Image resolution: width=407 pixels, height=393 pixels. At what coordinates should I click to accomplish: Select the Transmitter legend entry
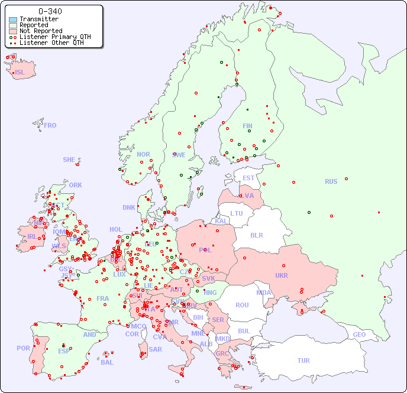point(38,20)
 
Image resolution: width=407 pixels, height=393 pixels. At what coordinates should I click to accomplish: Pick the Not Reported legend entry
point(40,31)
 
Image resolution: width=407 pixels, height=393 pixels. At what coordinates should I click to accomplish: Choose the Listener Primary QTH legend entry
point(54,37)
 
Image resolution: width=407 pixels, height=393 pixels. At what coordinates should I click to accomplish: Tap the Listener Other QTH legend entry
point(53,43)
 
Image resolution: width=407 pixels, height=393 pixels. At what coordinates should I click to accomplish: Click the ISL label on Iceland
point(20,73)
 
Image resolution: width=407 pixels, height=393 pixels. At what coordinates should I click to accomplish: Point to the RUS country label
point(331,181)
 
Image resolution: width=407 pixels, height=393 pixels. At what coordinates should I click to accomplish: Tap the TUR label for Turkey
point(303,360)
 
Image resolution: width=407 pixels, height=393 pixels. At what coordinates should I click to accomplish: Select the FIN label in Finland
point(247,126)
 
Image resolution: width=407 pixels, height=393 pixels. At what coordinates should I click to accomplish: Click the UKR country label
point(281,275)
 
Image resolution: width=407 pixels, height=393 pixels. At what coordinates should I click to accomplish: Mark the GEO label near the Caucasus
point(359,334)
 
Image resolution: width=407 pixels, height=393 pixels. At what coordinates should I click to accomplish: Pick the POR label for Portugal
point(23,348)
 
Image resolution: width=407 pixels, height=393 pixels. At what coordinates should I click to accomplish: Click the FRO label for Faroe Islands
point(50,125)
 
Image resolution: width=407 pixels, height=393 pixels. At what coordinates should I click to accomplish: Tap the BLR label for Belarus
point(256,235)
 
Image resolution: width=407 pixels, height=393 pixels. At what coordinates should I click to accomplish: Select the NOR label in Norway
point(143,154)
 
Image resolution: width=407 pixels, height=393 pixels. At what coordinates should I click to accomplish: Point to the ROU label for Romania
point(242,305)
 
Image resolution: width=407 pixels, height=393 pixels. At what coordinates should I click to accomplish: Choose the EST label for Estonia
point(248,178)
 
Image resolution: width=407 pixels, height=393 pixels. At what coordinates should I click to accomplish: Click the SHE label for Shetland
point(69,160)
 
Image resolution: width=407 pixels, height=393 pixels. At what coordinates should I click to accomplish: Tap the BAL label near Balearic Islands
point(106,362)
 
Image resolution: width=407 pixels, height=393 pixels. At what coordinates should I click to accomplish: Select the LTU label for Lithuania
point(237,213)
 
